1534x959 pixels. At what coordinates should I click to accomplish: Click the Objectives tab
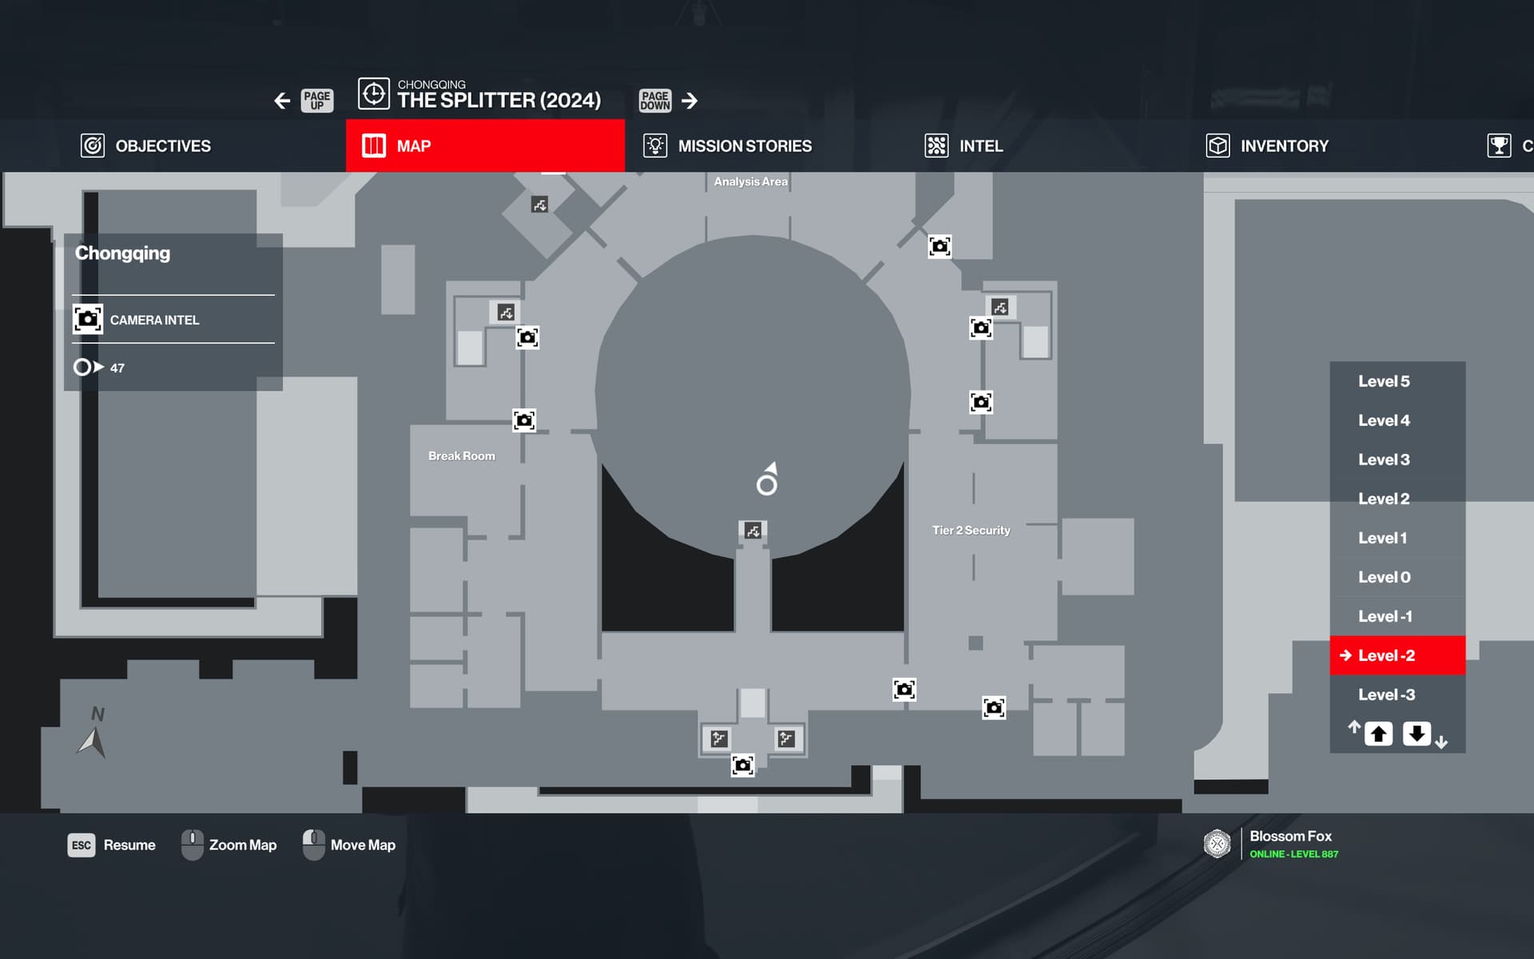(146, 146)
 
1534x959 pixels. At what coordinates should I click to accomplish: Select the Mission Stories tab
(728, 146)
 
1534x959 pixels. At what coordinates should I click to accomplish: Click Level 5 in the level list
(1384, 381)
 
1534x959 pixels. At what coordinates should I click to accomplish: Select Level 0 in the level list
(1384, 577)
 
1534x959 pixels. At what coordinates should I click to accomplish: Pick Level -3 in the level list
(1386, 694)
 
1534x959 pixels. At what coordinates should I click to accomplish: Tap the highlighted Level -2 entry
(1386, 655)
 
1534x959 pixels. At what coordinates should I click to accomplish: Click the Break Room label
(462, 456)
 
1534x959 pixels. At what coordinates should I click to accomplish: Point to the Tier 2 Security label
(971, 531)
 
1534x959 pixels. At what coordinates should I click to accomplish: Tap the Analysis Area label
(750, 182)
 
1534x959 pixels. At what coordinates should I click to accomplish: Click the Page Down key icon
(655, 101)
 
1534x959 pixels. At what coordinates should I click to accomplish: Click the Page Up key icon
(317, 101)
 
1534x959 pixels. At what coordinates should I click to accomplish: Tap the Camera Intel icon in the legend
(88, 319)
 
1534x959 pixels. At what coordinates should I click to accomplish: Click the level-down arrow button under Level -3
(1417, 734)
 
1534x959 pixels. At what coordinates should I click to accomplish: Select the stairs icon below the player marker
(753, 531)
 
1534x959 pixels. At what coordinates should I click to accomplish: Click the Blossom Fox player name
(1290, 836)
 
